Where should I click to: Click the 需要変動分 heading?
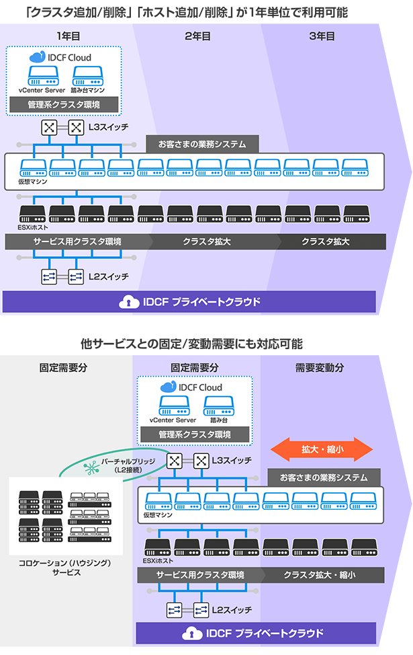coord(320,368)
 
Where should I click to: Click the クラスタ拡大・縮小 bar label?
coord(320,575)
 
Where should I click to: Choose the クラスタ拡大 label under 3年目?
coord(326,242)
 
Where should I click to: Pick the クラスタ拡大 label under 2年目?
coord(207,242)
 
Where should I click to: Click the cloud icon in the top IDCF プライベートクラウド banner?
coord(126,302)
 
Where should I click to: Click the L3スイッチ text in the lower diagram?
coord(232,460)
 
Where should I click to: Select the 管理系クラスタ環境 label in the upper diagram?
coord(64,105)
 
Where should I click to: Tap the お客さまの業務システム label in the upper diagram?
coord(202,144)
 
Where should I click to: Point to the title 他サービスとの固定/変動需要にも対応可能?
coord(191,344)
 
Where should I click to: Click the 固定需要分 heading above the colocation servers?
coord(64,368)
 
